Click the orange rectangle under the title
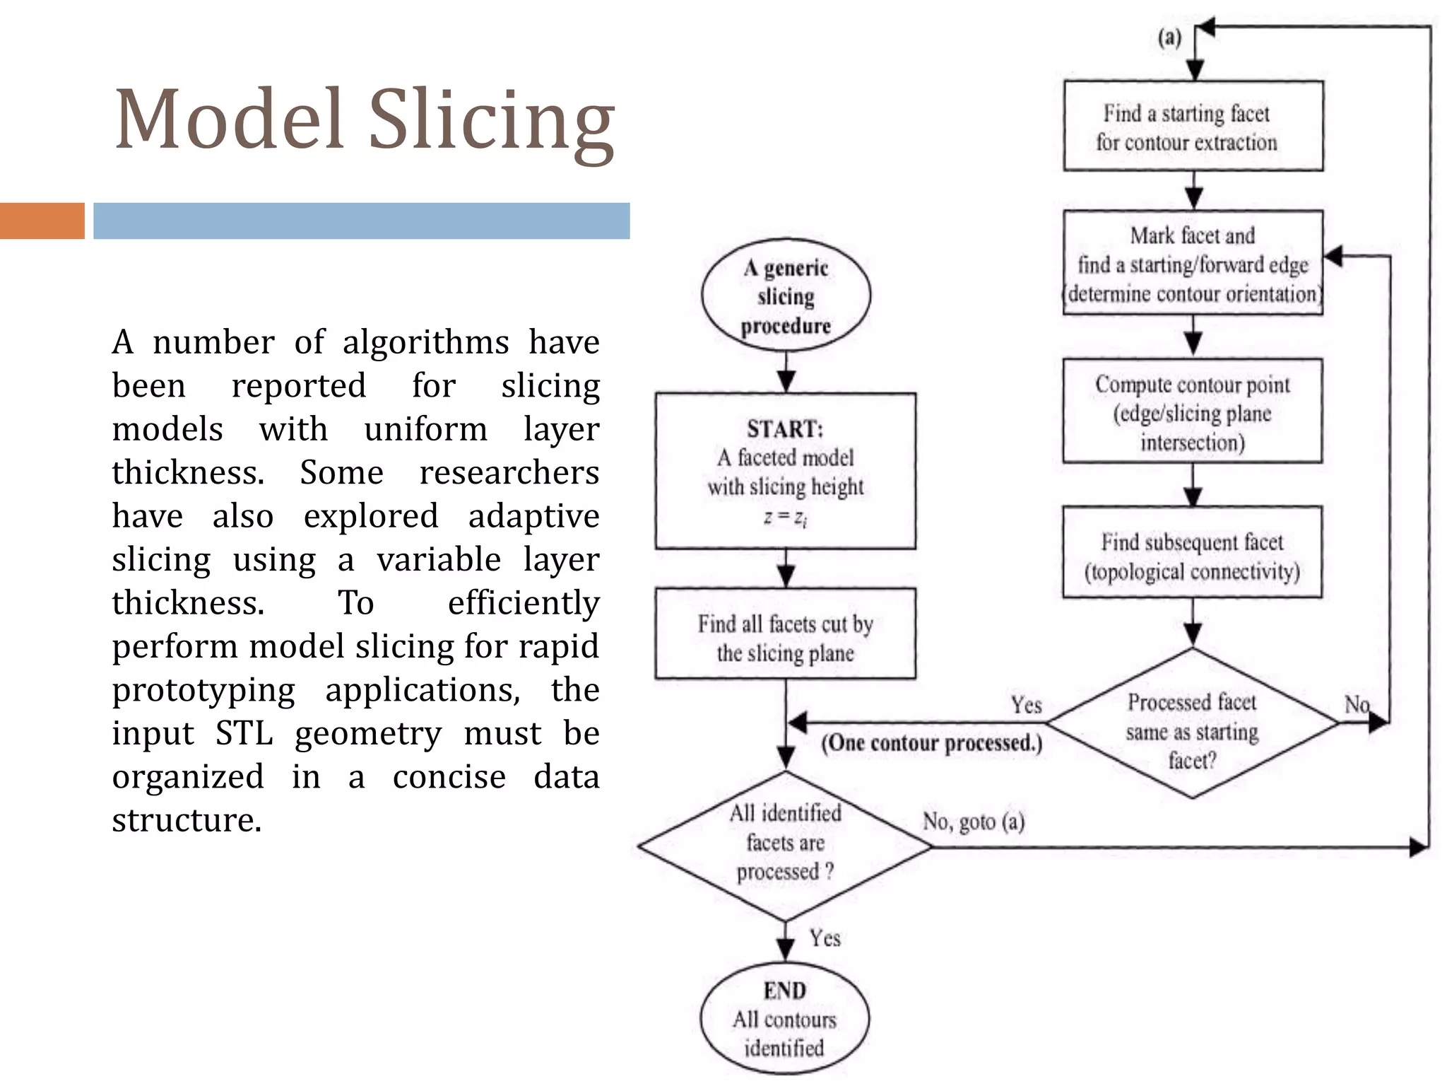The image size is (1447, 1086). tap(42, 221)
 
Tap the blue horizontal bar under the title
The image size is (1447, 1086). tap(361, 221)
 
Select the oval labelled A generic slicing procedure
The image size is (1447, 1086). tap(786, 296)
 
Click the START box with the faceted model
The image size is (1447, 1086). tap(785, 471)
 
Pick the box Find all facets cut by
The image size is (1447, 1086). tap(785, 634)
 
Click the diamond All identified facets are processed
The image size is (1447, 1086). tap(785, 845)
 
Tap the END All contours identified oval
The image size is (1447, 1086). tap(784, 1019)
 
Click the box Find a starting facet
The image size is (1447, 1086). tap(1193, 127)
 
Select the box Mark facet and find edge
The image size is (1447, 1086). tap(1193, 263)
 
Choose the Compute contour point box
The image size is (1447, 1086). tap(1193, 411)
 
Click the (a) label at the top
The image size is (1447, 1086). tap(1169, 37)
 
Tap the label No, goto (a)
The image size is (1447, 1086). tap(973, 822)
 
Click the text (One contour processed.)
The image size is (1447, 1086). tap(931, 742)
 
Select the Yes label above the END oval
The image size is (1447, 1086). tap(825, 938)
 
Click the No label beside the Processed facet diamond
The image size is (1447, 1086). tap(1357, 704)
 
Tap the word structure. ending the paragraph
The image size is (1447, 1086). tap(187, 820)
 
